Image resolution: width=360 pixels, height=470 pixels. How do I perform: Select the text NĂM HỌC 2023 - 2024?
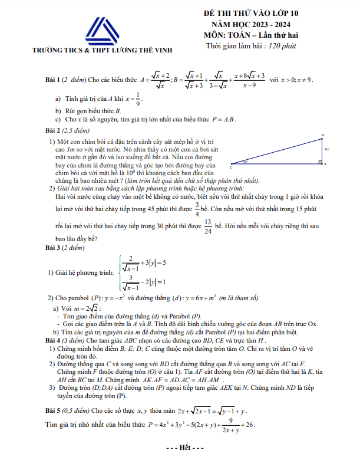[252, 25]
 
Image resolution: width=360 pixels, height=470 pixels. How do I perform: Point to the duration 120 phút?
[281, 47]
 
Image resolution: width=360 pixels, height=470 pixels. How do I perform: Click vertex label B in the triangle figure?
[323, 136]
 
